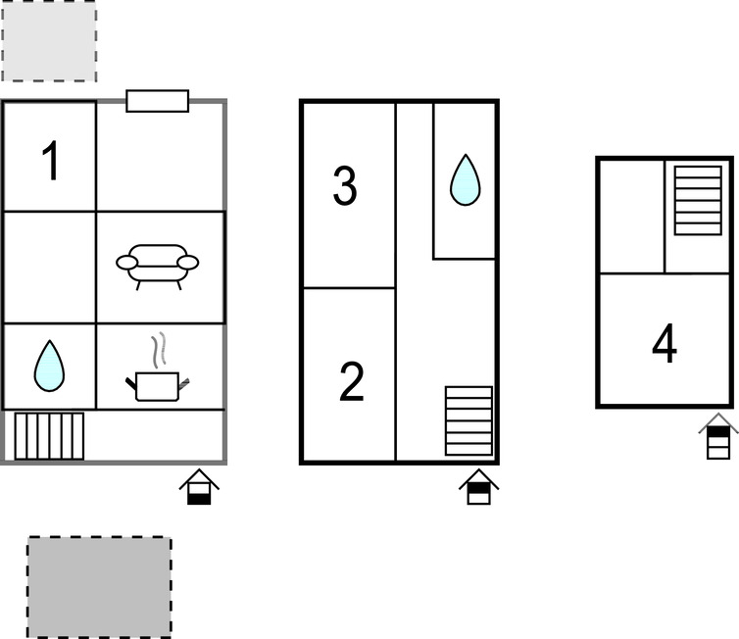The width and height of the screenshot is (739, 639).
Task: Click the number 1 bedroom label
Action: pos(50,160)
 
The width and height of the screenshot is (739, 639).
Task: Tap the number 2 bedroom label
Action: pos(352,381)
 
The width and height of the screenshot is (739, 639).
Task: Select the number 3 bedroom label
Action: pos(345,185)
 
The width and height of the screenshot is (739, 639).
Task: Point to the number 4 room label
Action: pos(665,343)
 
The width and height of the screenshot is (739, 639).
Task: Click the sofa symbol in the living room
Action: pos(158,267)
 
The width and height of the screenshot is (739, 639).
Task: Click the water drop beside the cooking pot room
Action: pos(49,366)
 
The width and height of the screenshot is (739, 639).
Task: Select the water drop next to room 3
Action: pos(466,179)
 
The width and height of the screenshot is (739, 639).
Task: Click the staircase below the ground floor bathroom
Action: pos(49,436)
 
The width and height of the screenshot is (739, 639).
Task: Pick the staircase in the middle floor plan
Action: pos(468,420)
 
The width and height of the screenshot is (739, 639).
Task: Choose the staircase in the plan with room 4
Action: pos(698,200)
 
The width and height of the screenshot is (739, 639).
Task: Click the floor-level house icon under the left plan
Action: pos(199,487)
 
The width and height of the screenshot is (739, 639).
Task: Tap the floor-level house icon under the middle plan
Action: pos(479,487)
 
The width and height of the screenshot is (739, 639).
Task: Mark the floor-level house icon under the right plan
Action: pos(718,436)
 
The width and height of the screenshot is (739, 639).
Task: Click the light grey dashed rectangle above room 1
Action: pos(49,40)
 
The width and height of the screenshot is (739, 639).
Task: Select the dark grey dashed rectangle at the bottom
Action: pos(99,587)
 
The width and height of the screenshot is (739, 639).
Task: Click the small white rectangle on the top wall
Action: pos(158,101)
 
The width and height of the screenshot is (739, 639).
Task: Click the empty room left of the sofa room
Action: pos(49,268)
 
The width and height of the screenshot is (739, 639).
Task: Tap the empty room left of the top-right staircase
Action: pos(631,217)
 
